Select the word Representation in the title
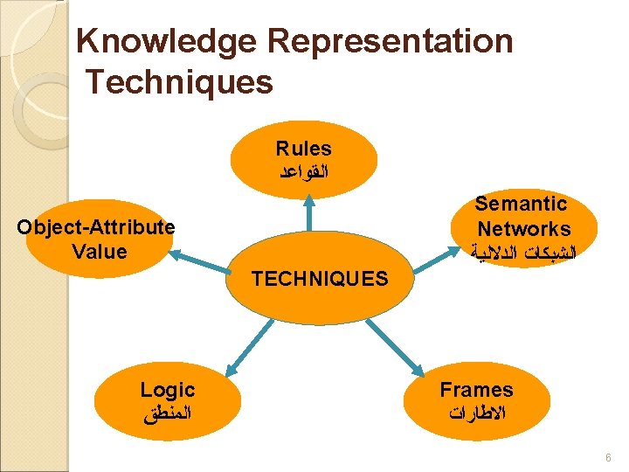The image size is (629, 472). click(390, 41)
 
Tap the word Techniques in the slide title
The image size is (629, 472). click(179, 83)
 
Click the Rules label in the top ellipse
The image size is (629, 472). click(303, 149)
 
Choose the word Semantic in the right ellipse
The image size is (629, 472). click(521, 205)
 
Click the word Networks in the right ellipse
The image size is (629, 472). click(524, 229)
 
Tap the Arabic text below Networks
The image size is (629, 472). click(524, 254)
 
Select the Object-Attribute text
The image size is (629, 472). click(96, 228)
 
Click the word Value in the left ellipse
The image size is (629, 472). click(100, 252)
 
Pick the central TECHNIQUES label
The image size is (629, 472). click(320, 279)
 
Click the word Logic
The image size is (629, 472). click(168, 390)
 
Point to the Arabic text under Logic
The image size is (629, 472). click(168, 413)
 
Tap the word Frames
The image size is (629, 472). click(476, 390)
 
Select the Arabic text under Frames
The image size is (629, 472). click(476, 413)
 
